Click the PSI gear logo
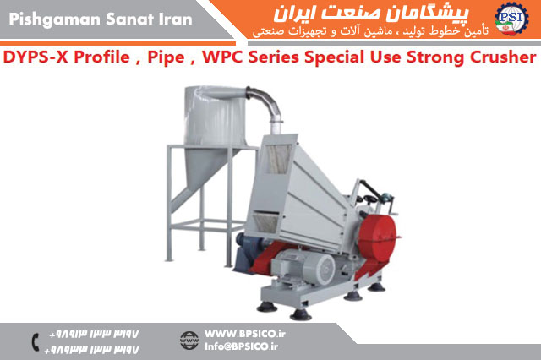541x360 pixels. pyautogui.click(x=511, y=19)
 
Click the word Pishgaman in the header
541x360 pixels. pyautogui.click(x=55, y=19)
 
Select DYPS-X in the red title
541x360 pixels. pyautogui.click(x=36, y=57)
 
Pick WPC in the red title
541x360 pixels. pyautogui.click(x=222, y=57)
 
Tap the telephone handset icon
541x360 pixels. pyautogui.click(x=36, y=342)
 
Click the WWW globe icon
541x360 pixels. pyautogui.click(x=189, y=341)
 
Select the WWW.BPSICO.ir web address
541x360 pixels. pyautogui.click(x=245, y=334)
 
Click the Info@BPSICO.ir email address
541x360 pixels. pyautogui.click(x=242, y=346)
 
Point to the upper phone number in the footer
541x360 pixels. pyautogui.click(x=94, y=334)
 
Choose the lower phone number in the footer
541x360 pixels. pyautogui.click(x=91, y=350)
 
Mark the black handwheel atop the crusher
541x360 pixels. pyautogui.click(x=370, y=199)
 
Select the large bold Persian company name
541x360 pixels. pyautogui.click(x=371, y=14)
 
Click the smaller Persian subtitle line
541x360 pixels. pyautogui.click(x=370, y=32)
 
